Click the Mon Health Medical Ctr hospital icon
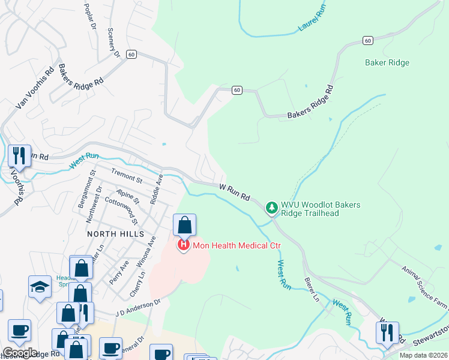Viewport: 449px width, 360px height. coord(183,245)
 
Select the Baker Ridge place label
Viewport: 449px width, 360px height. coord(387,62)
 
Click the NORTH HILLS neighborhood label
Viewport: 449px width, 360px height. coord(115,233)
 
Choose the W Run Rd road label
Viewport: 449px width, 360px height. coord(234,192)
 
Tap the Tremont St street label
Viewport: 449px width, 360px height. coord(126,176)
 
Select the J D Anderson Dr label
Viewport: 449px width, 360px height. coord(139,308)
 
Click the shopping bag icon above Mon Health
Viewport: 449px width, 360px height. coord(185,226)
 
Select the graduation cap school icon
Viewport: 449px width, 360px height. coord(40,287)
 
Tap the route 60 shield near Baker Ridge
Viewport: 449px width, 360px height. coord(367,40)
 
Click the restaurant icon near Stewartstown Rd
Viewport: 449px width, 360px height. coord(387,332)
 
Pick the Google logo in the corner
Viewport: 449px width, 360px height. coord(20,353)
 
